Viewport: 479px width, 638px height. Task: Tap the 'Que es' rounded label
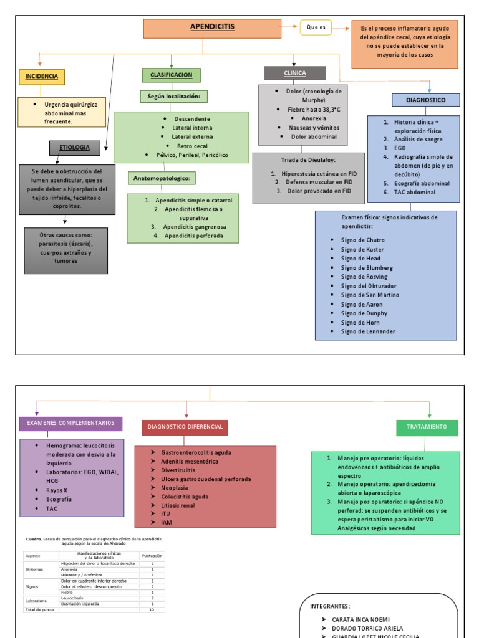[316, 27]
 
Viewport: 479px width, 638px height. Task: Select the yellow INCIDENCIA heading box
[42, 77]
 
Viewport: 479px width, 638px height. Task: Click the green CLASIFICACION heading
[171, 75]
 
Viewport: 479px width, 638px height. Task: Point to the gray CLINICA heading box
[294, 74]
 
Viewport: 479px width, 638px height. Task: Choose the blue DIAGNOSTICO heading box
[425, 100]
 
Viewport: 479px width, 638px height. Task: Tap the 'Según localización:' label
[173, 97]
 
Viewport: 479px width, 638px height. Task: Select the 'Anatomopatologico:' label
[162, 178]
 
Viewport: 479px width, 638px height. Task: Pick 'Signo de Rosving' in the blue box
[364, 277]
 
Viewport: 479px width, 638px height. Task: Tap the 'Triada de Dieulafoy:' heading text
[308, 160]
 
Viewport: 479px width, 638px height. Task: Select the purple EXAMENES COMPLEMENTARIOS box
[70, 424]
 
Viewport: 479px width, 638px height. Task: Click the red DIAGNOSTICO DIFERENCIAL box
[185, 427]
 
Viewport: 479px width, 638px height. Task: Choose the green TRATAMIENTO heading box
[427, 427]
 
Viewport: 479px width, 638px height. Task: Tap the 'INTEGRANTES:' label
[330, 606]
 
